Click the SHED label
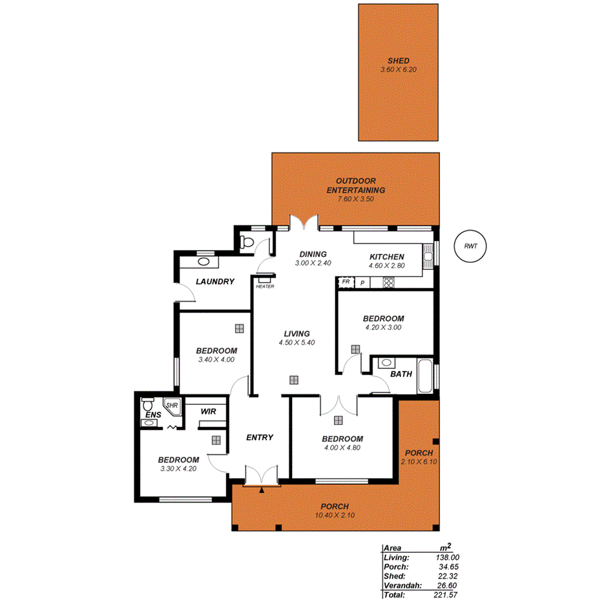coord(399,61)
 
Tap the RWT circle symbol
coord(470,246)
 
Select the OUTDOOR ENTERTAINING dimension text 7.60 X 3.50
coord(355,199)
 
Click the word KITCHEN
coord(386,256)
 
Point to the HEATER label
coord(265,286)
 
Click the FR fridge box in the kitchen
coord(346,282)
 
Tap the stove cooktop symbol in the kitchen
coord(389,282)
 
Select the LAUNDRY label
coord(214,282)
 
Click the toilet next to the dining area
coord(246,243)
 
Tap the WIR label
coord(208,411)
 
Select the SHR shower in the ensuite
coord(172,406)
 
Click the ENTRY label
coord(260,437)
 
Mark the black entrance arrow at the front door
coord(261,490)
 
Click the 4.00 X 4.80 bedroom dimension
coord(342,448)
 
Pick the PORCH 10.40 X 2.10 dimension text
coord(335,515)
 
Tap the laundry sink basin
coord(203,262)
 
